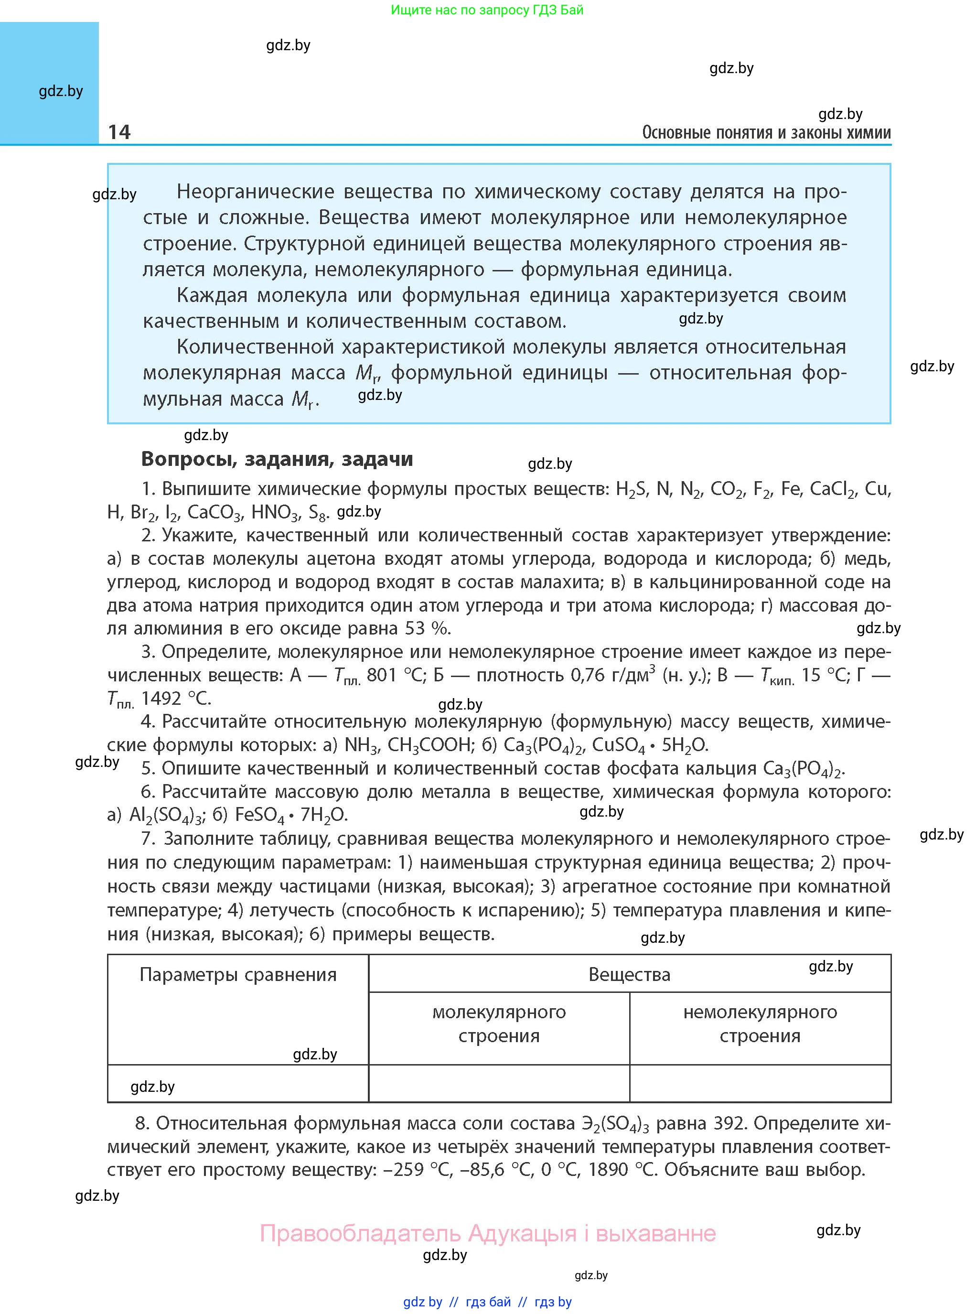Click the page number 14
tap(119, 132)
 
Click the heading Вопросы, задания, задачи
tap(277, 459)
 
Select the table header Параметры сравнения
tap(237, 974)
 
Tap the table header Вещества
tap(629, 974)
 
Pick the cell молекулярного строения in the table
tap(499, 1024)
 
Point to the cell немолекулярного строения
tap(760, 1024)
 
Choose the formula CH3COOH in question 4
tap(430, 745)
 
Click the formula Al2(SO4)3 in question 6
tap(166, 815)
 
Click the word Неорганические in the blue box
tap(255, 192)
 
